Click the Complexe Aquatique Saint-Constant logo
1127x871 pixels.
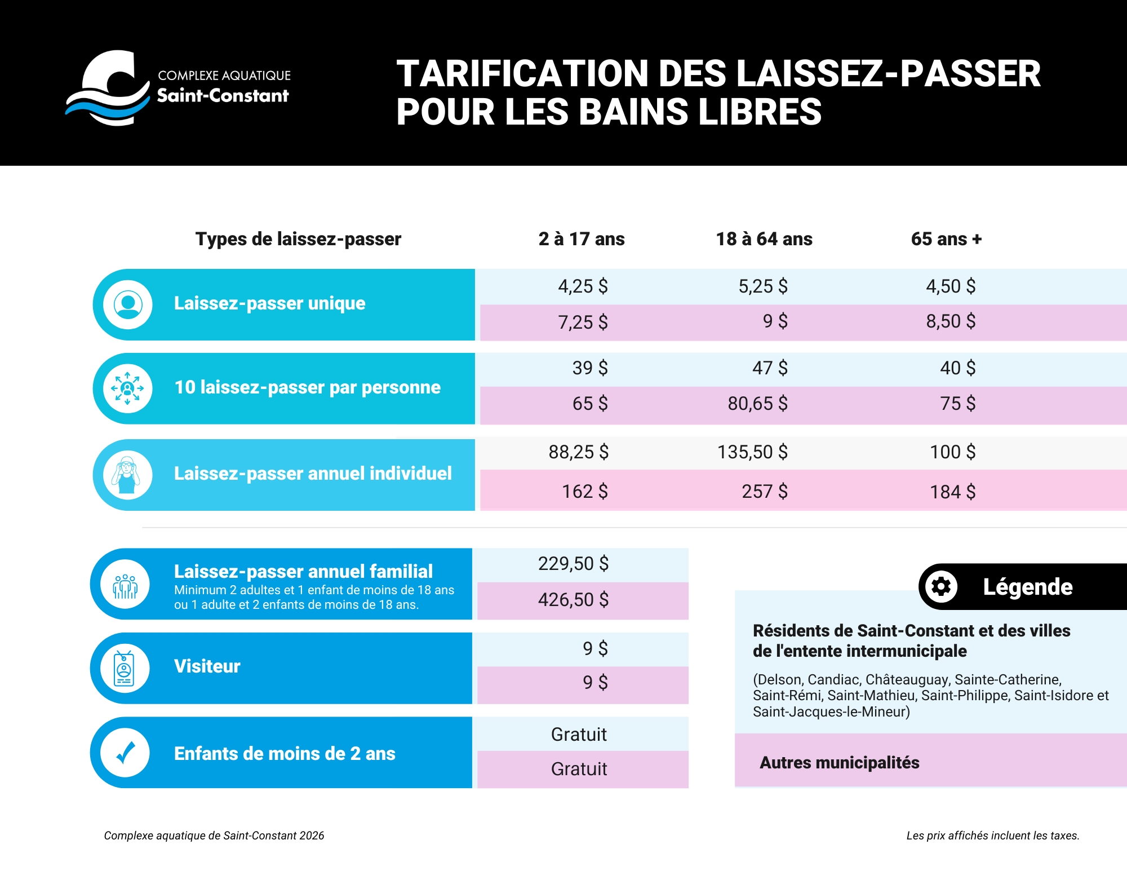(178, 87)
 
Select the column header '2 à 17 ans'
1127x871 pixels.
(581, 239)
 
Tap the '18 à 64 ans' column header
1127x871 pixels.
(764, 239)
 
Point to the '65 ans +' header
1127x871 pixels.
(946, 239)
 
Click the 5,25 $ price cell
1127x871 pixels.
(763, 286)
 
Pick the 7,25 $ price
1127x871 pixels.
(583, 322)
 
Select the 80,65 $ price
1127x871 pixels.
(757, 404)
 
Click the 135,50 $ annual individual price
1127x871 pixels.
(752, 452)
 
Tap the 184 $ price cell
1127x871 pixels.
(952, 492)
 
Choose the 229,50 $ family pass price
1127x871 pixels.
(573, 564)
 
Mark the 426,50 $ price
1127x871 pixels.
(573, 600)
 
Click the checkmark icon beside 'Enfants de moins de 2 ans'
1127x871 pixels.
(125, 753)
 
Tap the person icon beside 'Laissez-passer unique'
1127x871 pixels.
(128, 304)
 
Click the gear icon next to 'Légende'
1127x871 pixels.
(941, 587)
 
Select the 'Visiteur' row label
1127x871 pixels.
(207, 666)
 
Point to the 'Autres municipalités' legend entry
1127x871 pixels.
(839, 763)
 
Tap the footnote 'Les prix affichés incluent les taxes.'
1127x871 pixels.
(992, 835)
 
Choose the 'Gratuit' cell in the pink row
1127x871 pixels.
(579, 769)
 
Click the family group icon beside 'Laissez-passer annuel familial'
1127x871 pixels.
(125, 585)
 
